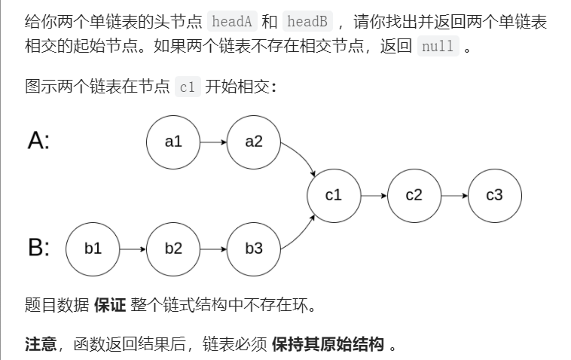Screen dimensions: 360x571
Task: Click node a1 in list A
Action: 174,141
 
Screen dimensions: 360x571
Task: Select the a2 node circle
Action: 254,141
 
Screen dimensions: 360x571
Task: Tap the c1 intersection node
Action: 334,195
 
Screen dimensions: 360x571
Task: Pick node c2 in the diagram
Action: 414,195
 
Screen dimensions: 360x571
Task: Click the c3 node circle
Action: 494,195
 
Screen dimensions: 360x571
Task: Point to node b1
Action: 93,249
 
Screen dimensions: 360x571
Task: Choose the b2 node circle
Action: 173,249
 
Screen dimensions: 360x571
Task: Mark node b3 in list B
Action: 254,249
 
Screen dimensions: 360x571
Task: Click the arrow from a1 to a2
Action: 214,141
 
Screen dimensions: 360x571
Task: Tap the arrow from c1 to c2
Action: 374,195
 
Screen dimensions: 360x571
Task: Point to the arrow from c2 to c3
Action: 453,195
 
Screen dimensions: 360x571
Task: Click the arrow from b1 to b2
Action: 133,249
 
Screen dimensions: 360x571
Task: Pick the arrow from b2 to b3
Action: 214,249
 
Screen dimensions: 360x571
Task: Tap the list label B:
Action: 38,249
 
